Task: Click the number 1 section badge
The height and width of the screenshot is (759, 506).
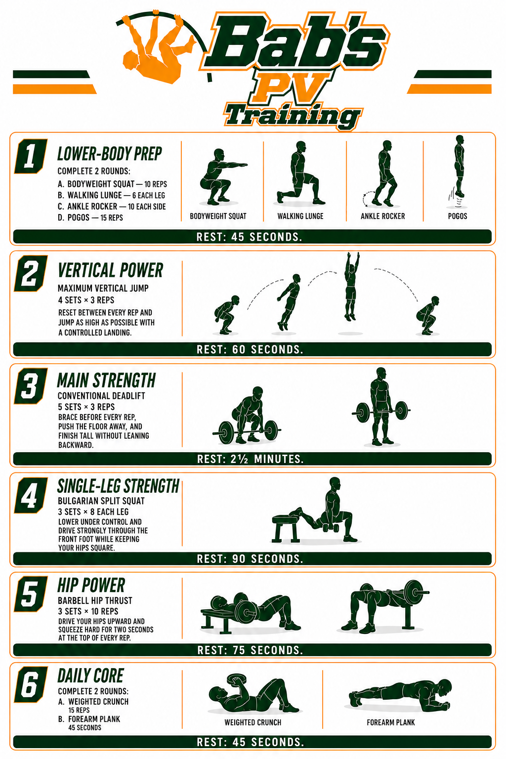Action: pyautogui.click(x=31, y=156)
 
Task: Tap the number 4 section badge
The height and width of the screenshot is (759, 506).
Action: pyautogui.click(x=31, y=496)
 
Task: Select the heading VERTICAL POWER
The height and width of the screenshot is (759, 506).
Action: pyautogui.click(x=111, y=270)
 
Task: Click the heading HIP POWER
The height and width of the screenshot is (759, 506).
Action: pyautogui.click(x=91, y=585)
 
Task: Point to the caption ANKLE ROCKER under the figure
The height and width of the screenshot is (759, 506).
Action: pyautogui.click(x=382, y=216)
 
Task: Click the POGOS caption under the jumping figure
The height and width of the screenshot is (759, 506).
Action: pyautogui.click(x=458, y=216)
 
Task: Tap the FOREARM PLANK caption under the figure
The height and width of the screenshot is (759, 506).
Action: pyautogui.click(x=391, y=723)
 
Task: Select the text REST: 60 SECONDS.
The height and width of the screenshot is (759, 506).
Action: pyautogui.click(x=250, y=350)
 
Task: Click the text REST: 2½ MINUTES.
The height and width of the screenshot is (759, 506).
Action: pyautogui.click(x=250, y=459)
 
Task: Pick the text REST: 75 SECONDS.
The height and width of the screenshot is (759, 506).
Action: pyautogui.click(x=250, y=650)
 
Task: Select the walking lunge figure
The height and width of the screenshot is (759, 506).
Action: pyautogui.click(x=300, y=173)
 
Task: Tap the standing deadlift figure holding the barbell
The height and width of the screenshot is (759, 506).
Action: pyautogui.click(x=381, y=407)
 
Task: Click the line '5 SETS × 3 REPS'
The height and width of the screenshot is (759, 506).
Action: pyautogui.click(x=86, y=407)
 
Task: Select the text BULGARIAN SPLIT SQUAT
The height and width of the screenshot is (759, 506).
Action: pyautogui.click(x=101, y=501)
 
